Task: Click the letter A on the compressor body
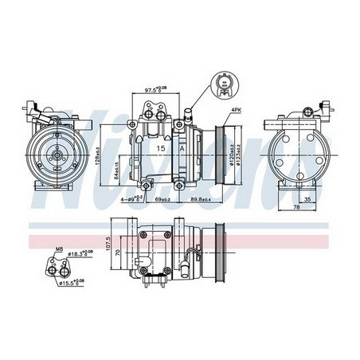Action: pyautogui.click(x=184, y=148)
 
